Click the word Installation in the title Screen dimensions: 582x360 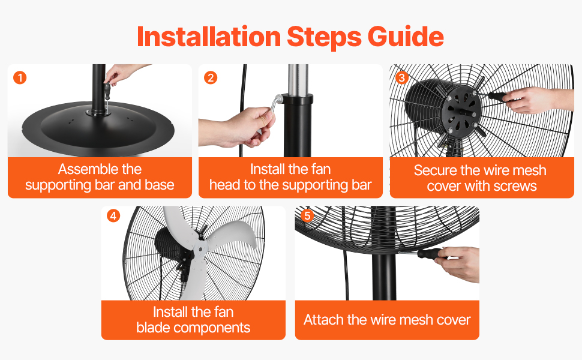pyautogui.click(x=209, y=37)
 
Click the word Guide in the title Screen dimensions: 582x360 pyautogui.click(x=406, y=37)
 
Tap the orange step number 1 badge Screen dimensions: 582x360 pyautogui.click(x=20, y=77)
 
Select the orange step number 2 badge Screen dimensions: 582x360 pyautogui.click(x=211, y=77)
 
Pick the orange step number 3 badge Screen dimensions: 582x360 pyautogui.click(x=401, y=77)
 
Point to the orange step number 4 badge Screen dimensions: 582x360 pyautogui.click(x=113, y=215)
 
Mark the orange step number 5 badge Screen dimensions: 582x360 pyautogui.click(x=307, y=215)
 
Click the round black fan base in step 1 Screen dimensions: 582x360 pyautogui.click(x=98, y=128)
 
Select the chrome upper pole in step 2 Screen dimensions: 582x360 pyautogui.click(x=298, y=80)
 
